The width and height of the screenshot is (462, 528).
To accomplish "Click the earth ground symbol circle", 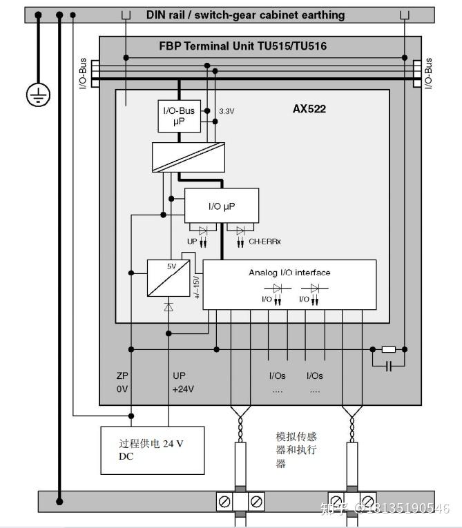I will tap(38, 95).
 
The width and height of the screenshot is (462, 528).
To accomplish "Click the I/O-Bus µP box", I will tap(179, 117).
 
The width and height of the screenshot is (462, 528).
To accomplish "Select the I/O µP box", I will tap(221, 206).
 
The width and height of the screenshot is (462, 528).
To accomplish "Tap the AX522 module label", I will tap(309, 109).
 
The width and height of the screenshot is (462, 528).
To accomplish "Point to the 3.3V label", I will tap(227, 110).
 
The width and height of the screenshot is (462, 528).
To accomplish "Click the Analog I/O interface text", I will tap(289, 273).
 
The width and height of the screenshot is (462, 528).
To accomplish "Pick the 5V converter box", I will tap(169, 278).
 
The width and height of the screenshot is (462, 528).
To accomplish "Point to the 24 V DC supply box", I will tap(153, 450).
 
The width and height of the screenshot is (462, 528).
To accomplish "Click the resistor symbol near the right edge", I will tap(388, 349).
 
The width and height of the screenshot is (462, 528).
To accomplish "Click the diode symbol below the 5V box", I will tap(169, 306).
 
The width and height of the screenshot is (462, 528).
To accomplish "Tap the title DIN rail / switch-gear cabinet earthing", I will tap(245, 14).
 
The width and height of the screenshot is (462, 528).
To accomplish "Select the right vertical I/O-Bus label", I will tap(428, 72).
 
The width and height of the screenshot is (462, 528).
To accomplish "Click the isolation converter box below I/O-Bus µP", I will tap(189, 157).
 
